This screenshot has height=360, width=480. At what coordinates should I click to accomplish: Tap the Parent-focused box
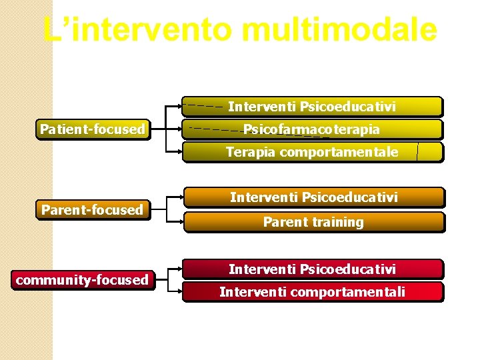coord(92,210)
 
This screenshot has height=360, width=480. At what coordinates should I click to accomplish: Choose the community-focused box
coord(82,280)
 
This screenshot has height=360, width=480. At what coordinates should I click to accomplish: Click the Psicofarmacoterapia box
coord(312,129)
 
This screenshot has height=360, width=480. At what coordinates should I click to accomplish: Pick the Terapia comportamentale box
coord(312,152)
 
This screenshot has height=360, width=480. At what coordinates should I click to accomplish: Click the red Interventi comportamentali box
coord(312,292)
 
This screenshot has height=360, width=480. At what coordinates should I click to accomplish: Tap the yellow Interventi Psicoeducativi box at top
coord(312,107)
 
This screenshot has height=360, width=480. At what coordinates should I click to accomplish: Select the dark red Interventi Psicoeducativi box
coord(312,269)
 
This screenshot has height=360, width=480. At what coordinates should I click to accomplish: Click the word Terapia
coord(250,152)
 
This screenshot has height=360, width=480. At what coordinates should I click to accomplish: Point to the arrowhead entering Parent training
coord(181,222)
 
